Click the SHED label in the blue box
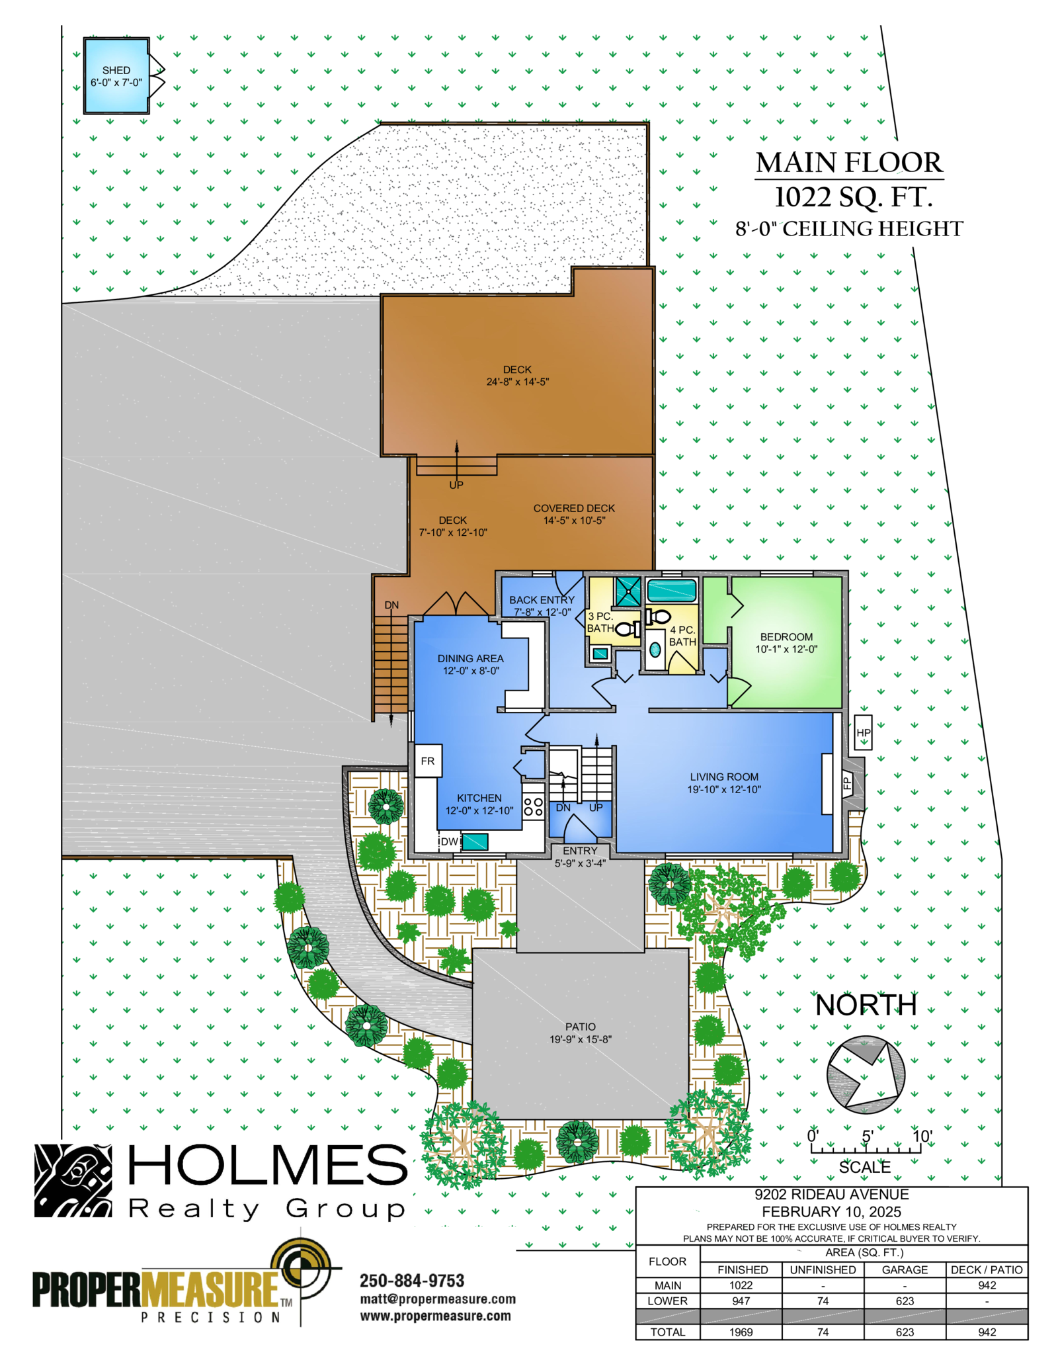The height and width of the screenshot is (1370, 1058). pos(116,70)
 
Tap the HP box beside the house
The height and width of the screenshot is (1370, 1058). pos(863,732)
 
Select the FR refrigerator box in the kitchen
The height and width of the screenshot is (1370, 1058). pos(428,761)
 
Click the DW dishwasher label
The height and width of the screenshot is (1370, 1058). pos(450,841)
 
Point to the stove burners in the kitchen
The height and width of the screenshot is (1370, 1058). pos(533,806)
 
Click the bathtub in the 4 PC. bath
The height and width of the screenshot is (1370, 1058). pos(671,590)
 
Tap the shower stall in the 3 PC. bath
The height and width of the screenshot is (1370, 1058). pos(628,591)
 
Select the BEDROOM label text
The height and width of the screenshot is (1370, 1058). pos(786,637)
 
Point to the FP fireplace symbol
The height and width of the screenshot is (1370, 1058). pos(846,784)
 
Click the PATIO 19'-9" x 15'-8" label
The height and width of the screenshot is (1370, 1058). pos(580,1033)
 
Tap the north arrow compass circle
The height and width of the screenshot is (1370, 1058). pos(865,1074)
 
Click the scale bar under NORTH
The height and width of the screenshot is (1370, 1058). pos(866,1150)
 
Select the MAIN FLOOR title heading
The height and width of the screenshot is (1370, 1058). pos(849,163)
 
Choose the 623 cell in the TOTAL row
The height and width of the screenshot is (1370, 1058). pos(904,1332)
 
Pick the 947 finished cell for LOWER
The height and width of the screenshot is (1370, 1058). pos(741,1301)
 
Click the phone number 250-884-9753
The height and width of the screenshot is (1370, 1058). pos(412,1281)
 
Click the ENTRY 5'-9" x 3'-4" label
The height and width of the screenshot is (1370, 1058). pos(580,857)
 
